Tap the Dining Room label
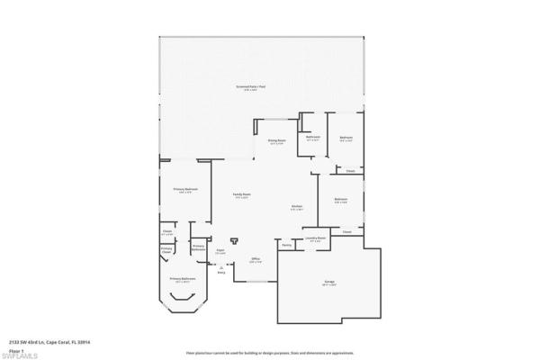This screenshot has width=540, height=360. pos(275,141)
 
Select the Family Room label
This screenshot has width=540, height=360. pos(242,194)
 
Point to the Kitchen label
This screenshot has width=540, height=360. pos(296,207)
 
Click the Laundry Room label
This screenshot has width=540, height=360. pos(315,239)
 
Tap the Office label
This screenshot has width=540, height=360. pos(255,260)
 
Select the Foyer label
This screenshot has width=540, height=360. pos(220,252)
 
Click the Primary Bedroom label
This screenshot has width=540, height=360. pos(185,189)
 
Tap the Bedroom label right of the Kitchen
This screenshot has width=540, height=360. pos(341,200)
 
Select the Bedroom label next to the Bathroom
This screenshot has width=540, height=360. pos(346,139)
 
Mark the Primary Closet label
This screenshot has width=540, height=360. pos(166,249)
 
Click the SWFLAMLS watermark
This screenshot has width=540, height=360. pos(19,355)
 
